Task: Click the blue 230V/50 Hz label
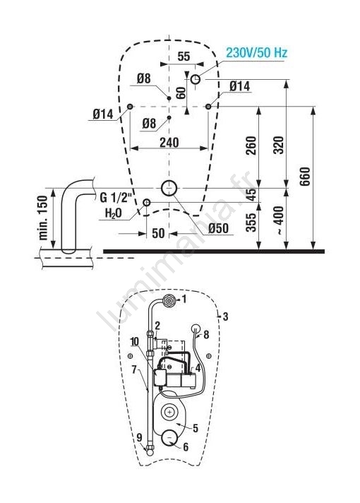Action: (x=256, y=52)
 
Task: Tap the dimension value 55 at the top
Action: (x=184, y=57)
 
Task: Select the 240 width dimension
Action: (x=169, y=143)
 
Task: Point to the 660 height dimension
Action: (x=305, y=176)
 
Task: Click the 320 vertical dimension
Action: (x=278, y=146)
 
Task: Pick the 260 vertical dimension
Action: (x=251, y=146)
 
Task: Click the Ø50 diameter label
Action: (x=218, y=228)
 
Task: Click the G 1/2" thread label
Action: (x=116, y=198)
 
